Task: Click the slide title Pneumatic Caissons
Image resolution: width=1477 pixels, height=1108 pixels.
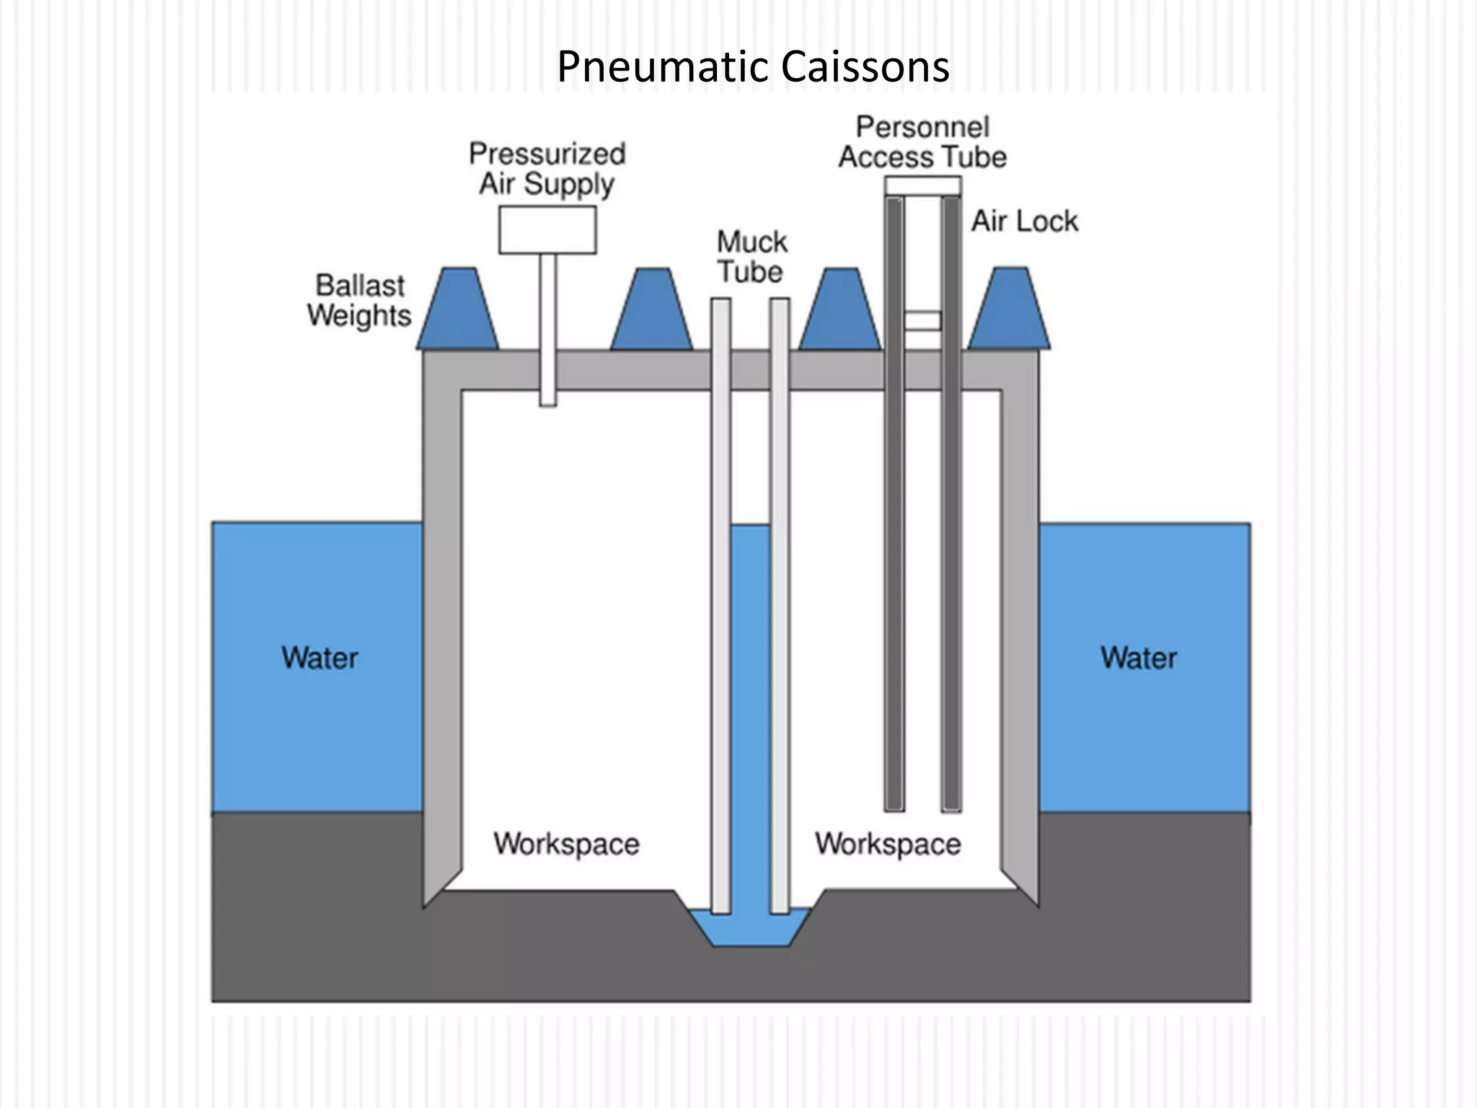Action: (753, 66)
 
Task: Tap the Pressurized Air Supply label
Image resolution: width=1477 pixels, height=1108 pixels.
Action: (547, 169)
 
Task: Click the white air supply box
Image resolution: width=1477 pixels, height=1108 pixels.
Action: (547, 230)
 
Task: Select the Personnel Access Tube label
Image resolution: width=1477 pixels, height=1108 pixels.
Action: (922, 142)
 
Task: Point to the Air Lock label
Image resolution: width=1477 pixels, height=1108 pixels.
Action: (1024, 221)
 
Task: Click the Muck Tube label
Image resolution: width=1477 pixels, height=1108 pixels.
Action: (751, 258)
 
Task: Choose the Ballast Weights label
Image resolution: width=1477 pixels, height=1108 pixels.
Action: (359, 301)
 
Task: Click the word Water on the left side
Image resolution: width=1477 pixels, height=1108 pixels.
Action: (319, 658)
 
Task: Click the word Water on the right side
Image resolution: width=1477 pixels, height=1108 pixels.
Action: (1139, 658)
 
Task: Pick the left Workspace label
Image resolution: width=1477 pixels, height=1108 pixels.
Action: (566, 844)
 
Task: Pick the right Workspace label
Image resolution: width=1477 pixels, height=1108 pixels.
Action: (888, 844)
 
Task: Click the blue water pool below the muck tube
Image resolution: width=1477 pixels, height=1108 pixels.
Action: (750, 931)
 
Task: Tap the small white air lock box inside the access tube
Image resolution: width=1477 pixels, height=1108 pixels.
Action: (922, 320)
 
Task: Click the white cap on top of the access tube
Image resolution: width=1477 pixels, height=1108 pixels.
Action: (922, 186)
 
